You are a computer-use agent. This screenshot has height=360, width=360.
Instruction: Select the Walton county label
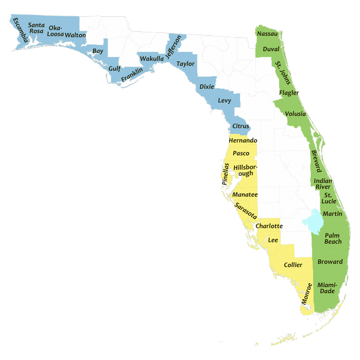(75, 35)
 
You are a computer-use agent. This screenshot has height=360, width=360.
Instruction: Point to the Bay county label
(97, 52)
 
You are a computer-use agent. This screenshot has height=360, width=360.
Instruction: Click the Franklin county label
(131, 76)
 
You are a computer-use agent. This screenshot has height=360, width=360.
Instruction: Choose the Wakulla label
(151, 59)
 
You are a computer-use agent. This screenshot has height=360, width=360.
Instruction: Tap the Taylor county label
(186, 63)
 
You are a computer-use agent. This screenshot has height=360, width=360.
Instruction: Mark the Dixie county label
(207, 87)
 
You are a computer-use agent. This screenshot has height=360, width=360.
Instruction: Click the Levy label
(224, 100)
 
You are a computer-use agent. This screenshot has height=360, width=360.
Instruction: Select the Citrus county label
(241, 126)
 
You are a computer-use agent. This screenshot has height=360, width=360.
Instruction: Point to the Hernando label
(242, 140)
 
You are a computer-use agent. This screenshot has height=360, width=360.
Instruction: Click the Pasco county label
(241, 154)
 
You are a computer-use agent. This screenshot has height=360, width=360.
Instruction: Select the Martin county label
(332, 214)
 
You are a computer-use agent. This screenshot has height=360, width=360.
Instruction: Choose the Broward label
(330, 262)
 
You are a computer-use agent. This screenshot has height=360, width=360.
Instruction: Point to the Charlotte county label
(268, 226)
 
